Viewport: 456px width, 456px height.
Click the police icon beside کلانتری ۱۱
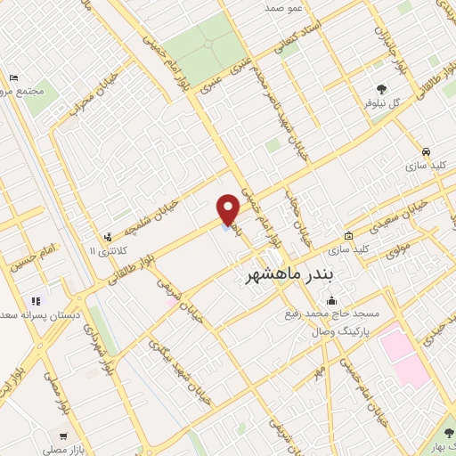pyautogui.click(x=108, y=237)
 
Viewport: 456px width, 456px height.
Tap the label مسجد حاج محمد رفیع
pyautogui.click(x=334, y=313)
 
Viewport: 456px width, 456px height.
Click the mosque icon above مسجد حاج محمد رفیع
pyautogui.click(x=331, y=299)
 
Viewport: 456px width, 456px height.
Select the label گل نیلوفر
pyautogui.click(x=382, y=102)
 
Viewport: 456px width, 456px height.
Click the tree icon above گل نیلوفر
pyautogui.click(x=382, y=87)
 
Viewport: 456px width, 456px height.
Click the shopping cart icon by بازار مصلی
pyautogui.click(x=62, y=436)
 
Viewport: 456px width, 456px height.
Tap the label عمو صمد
pyautogui.click(x=284, y=7)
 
